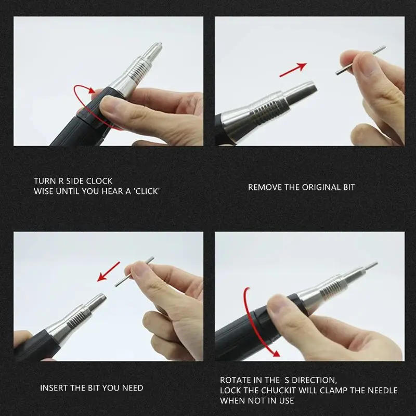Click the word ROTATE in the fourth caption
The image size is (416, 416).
coord(236,380)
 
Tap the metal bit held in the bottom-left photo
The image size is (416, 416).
coord(134,272)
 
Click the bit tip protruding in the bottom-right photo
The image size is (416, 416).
coord(371,266)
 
